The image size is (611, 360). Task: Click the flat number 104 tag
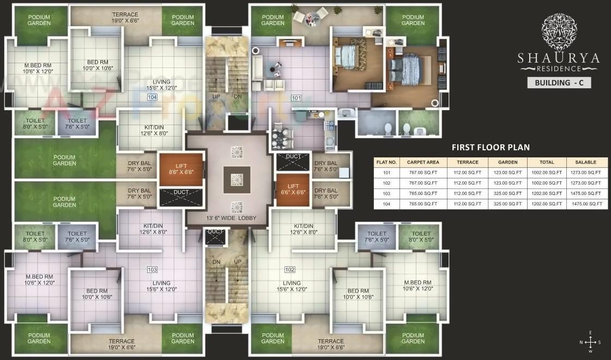(152, 97)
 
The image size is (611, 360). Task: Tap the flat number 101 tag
(296, 99)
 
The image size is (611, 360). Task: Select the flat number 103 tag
(152, 270)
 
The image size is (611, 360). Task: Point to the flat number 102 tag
(290, 270)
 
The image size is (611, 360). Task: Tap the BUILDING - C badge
(559, 83)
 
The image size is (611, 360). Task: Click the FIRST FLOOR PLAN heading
(491, 147)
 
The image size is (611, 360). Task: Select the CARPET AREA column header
(423, 162)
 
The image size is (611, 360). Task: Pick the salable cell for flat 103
(588, 193)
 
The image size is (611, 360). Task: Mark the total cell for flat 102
(547, 183)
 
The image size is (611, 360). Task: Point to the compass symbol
(591, 342)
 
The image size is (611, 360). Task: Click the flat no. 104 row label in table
(386, 204)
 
